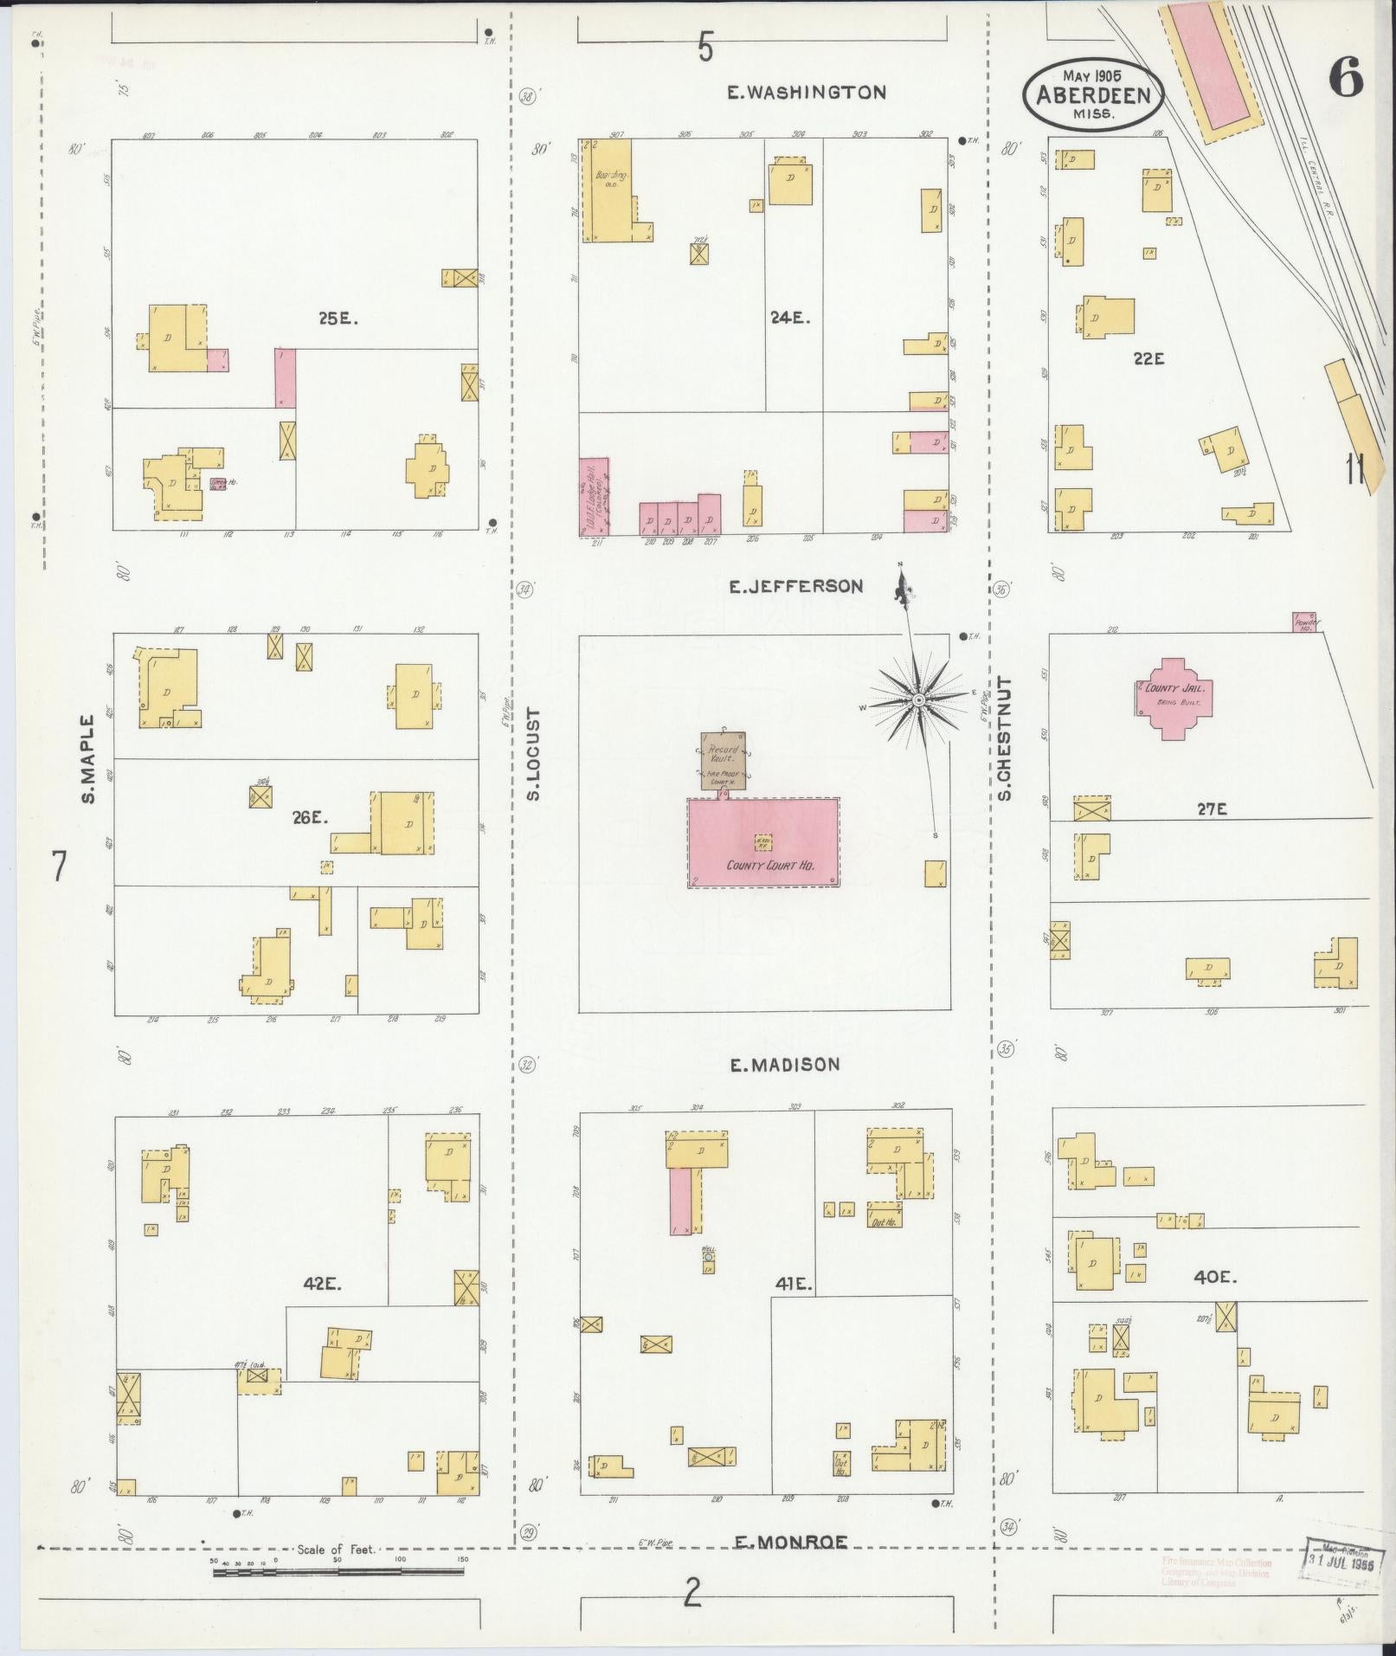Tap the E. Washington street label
pos(807,93)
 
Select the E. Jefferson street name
pos(795,587)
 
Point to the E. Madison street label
pos(784,1065)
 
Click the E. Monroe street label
pos(790,1542)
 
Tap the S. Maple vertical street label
pos(87,759)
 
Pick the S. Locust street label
pos(532,754)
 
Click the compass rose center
pos(917,698)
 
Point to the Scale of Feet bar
pos(338,1569)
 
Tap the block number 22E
pos(1148,358)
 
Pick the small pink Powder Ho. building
pos(1303,621)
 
